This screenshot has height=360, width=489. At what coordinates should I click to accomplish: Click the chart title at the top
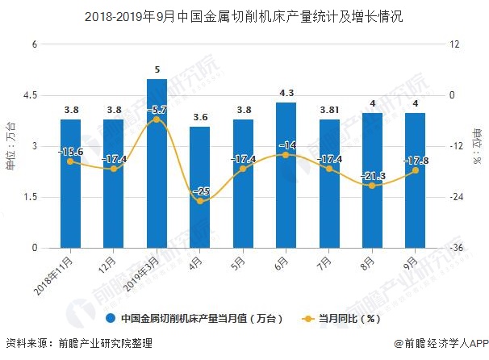click(244, 15)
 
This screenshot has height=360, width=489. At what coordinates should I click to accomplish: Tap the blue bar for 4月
click(200, 187)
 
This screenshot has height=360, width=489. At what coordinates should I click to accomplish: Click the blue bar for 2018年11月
click(70, 183)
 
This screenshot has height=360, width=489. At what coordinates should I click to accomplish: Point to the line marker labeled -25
click(200, 201)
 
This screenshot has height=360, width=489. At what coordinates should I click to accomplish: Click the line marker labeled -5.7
click(157, 119)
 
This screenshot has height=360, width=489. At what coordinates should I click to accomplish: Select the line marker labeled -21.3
click(372, 186)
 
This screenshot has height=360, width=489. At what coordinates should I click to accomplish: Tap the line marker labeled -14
click(286, 154)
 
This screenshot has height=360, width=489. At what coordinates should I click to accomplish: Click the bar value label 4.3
click(286, 94)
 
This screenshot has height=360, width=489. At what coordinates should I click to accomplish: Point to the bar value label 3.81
click(328, 111)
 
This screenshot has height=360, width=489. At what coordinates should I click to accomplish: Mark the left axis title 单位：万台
click(10, 145)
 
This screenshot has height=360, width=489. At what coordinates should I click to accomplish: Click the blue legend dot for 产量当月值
click(112, 319)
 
